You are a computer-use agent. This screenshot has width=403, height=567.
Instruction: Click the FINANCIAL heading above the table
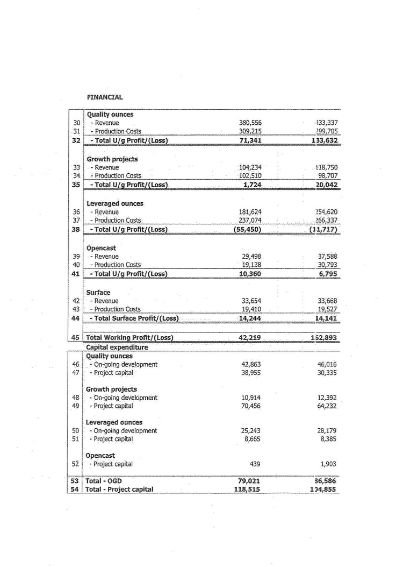point(105,97)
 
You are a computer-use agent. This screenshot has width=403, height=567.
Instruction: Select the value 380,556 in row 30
point(250,123)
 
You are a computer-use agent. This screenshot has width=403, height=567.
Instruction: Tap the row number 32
point(76,141)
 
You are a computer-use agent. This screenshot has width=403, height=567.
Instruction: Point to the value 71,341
point(250,141)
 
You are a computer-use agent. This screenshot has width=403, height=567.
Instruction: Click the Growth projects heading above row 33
point(112,159)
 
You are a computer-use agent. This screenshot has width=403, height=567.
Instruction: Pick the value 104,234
point(250,167)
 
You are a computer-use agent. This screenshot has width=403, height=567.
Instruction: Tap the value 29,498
point(251,257)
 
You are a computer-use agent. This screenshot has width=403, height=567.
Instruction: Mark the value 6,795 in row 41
point(328,274)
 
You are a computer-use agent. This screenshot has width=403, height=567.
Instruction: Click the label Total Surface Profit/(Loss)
point(134,318)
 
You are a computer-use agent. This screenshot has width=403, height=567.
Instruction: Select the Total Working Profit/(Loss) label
point(129,338)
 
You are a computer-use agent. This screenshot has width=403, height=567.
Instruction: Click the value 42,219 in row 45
point(250,338)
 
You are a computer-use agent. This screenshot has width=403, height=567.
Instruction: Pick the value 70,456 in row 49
point(251,406)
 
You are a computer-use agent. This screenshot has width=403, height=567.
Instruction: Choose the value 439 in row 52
point(256,464)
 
